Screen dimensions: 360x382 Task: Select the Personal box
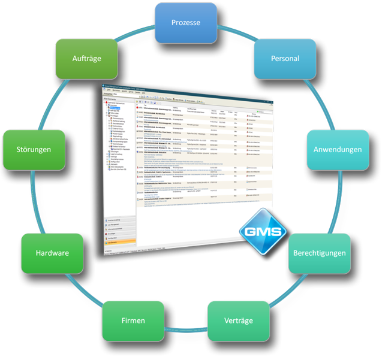pyautogui.click(x=285, y=59)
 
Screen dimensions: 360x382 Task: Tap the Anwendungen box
pyautogui.click(x=338, y=149)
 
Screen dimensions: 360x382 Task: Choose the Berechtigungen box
pyautogui.click(x=319, y=253)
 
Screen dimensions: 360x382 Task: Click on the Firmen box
pyautogui.click(x=133, y=320)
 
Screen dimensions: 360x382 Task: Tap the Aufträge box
pyautogui.click(x=85, y=59)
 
